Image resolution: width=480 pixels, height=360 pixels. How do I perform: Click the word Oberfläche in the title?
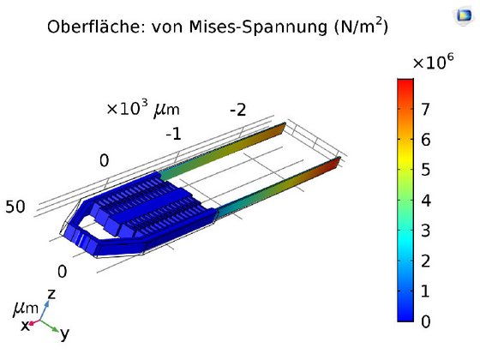point(96,27)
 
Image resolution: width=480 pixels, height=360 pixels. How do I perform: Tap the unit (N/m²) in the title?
point(361,26)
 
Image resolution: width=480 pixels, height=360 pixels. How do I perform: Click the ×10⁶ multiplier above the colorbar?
point(433,61)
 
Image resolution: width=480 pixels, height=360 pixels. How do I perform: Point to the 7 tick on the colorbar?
point(426,109)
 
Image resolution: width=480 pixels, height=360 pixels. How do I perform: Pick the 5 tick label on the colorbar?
point(426,170)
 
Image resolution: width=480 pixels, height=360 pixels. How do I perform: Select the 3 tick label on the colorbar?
point(426,231)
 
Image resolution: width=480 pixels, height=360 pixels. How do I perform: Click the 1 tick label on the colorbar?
point(425,291)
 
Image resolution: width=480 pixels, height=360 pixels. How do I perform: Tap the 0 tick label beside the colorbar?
point(426,321)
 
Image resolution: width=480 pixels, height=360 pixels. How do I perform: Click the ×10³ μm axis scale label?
point(143,108)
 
